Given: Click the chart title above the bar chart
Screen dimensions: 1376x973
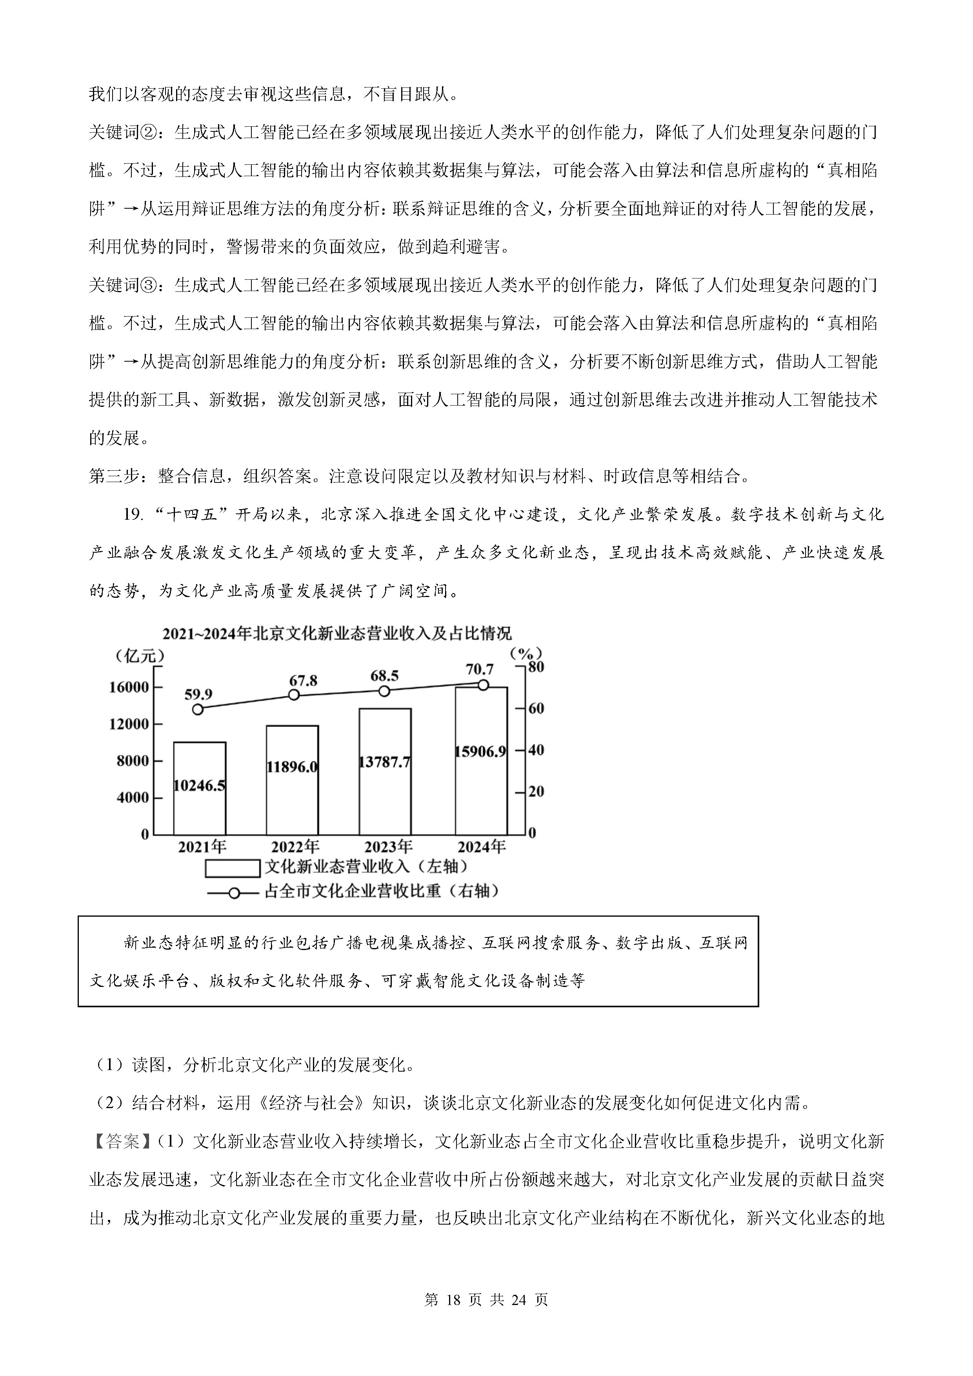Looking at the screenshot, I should (x=337, y=633).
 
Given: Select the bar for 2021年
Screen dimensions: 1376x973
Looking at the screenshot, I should (x=200, y=788).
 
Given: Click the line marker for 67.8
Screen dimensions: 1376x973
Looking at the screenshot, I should (x=294, y=695).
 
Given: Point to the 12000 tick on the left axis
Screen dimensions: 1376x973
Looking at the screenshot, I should (x=129, y=724).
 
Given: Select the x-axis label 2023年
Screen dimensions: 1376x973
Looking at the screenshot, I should (x=388, y=847).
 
